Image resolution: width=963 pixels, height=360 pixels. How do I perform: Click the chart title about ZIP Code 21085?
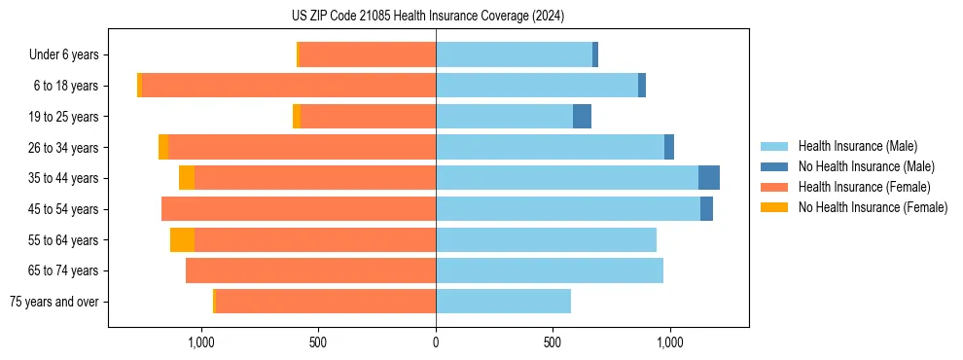pyautogui.click(x=428, y=17)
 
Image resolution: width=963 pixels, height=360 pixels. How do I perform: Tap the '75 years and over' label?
pyautogui.click(x=53, y=302)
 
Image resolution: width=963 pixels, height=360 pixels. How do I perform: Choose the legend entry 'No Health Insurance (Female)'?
pyautogui.click(x=873, y=207)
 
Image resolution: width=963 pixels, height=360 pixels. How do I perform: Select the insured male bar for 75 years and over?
pyautogui.click(x=503, y=302)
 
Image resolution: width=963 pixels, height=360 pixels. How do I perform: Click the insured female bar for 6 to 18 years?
pyautogui.click(x=289, y=86)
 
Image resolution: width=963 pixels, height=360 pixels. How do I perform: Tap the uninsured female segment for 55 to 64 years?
pyautogui.click(x=182, y=240)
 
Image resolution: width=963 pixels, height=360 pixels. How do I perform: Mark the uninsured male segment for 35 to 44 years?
pyautogui.click(x=709, y=178)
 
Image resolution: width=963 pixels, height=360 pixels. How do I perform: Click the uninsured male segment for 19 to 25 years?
pyautogui.click(x=582, y=117)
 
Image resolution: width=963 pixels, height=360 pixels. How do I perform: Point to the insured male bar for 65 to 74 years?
pyautogui.click(x=550, y=270)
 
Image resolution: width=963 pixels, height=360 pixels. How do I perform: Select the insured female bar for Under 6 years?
pyautogui.click(x=368, y=54)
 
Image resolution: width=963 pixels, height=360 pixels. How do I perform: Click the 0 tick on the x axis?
pyautogui.click(x=436, y=342)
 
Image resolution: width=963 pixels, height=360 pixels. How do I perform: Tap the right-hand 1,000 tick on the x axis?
pyautogui.click(x=669, y=342)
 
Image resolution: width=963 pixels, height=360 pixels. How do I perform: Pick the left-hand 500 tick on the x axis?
pyautogui.click(x=318, y=342)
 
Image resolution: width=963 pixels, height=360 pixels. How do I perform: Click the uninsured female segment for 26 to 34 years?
pyautogui.click(x=163, y=147)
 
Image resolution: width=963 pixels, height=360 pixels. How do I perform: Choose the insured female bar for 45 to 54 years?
pyautogui.click(x=299, y=209)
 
